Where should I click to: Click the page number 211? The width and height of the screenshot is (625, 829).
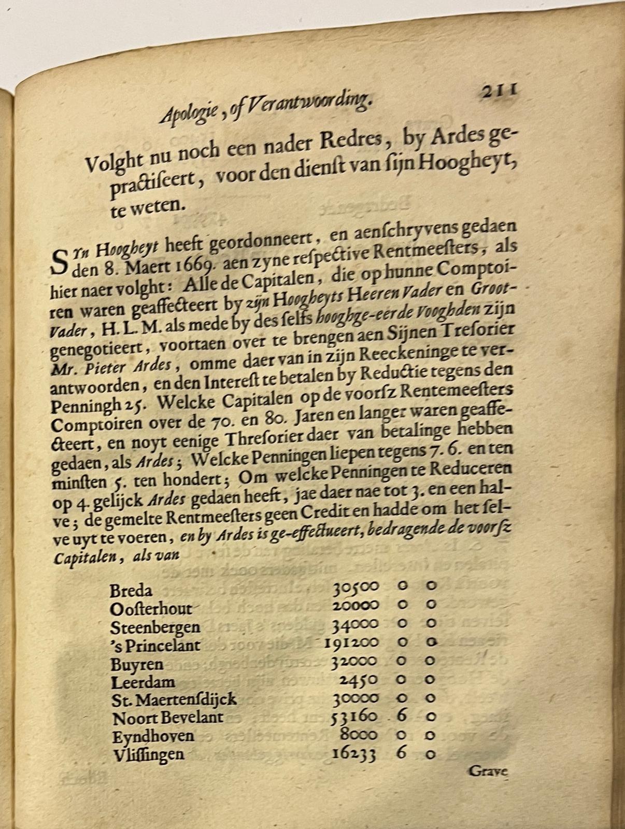(498, 91)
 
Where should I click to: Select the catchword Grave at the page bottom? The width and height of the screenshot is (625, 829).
(488, 771)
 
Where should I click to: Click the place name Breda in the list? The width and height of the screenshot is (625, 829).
(131, 590)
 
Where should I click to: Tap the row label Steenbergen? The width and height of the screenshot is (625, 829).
(155, 627)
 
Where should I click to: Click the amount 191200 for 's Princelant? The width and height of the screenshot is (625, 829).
(352, 644)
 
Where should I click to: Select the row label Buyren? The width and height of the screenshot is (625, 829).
(136, 664)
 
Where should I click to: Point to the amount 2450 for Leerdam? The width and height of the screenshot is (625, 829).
(361, 680)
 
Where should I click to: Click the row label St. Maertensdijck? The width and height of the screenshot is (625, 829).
(174, 699)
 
